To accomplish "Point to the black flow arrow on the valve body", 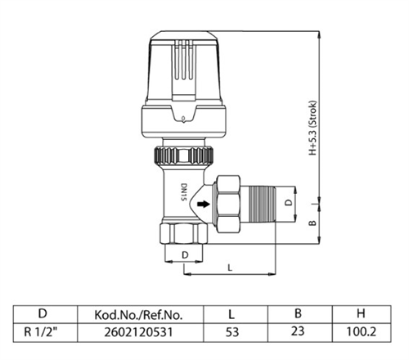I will pos(199,205).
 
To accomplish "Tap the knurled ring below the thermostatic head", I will pos(182,153).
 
